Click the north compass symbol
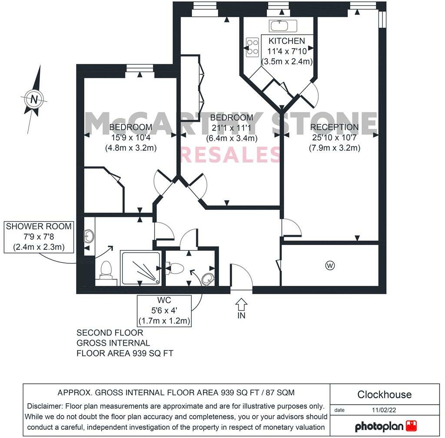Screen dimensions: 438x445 point(34,99)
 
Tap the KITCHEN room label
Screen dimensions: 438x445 point(287,41)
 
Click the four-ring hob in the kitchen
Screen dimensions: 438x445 point(252,47)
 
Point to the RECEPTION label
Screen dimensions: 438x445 point(334,127)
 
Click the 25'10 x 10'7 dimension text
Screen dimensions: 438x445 point(334,137)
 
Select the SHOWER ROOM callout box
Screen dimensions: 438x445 point(39,237)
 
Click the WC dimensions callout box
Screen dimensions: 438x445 point(165,311)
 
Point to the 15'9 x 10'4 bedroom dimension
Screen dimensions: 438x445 point(131,137)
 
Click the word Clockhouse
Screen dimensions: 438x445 point(384,395)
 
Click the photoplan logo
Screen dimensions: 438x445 point(386,426)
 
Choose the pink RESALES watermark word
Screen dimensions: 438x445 point(230,155)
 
